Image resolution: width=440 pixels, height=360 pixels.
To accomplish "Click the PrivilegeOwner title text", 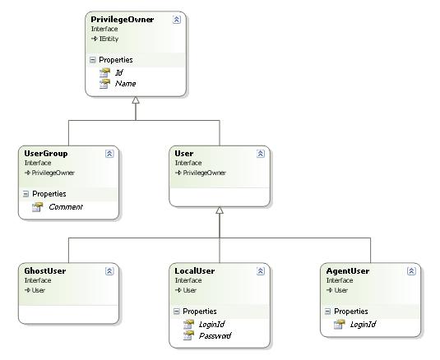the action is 123,20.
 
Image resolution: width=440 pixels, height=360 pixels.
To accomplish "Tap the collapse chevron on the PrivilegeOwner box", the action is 177,20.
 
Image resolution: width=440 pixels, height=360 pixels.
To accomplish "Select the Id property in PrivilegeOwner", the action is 119,72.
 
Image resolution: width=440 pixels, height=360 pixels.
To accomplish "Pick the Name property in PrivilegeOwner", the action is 126,84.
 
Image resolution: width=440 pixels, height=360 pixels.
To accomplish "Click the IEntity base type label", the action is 109,39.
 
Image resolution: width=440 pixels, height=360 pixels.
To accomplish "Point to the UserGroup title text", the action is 46,154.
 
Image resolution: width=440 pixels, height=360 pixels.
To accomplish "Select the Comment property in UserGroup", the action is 66,207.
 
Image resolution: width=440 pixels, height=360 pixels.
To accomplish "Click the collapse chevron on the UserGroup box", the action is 109,154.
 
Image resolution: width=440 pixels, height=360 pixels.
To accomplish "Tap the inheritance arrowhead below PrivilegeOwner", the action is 136,99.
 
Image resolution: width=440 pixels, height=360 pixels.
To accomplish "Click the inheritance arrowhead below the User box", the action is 220,210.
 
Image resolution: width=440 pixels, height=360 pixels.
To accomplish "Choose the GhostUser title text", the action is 45,271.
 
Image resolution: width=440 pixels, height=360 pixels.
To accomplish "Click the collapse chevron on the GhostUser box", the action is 109,271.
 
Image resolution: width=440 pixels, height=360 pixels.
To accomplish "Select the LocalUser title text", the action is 195,271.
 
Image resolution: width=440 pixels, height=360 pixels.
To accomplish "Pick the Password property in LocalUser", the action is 215,335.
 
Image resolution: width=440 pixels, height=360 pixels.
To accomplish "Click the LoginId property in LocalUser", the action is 212,325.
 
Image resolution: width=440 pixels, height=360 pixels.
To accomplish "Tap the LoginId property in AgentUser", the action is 364,325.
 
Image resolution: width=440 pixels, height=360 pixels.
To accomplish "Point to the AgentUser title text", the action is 348,271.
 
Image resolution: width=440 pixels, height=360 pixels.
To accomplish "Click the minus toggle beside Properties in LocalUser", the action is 177,312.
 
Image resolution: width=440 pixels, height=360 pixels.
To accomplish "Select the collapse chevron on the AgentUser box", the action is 411,271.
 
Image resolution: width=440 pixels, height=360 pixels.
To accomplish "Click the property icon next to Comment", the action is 37,207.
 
